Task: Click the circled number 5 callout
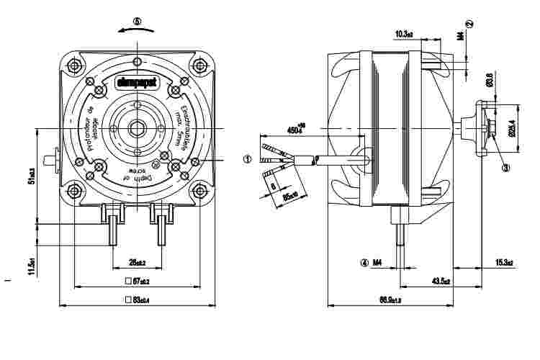click(138, 22)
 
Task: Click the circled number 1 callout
click(247, 160)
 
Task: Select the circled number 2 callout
click(469, 24)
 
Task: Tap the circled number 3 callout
click(505, 167)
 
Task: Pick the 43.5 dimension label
click(441, 280)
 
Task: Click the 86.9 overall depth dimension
click(389, 299)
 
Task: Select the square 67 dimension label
click(137, 281)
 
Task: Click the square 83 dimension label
click(137, 298)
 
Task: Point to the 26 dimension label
click(137, 261)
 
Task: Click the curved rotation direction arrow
click(137, 32)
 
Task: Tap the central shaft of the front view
click(137, 130)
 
